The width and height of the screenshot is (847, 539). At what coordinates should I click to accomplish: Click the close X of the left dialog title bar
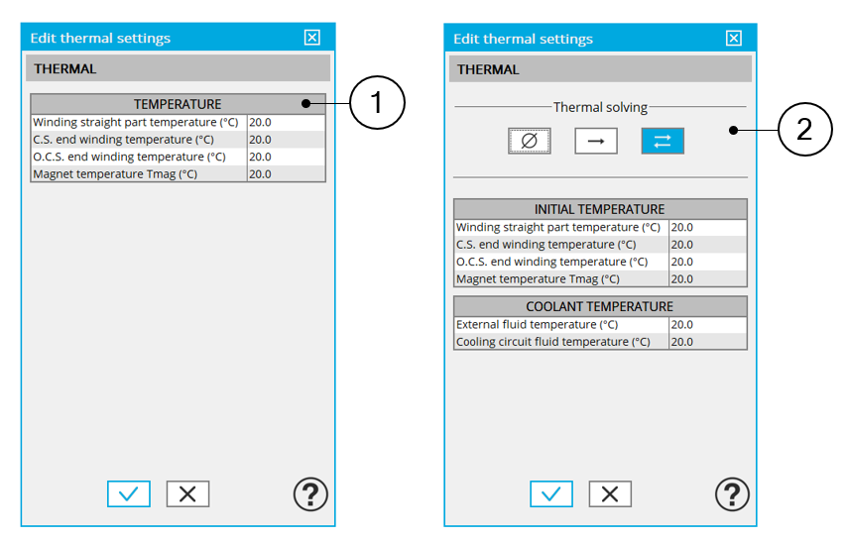[312, 38]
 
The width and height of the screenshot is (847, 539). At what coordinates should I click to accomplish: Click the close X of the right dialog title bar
[734, 38]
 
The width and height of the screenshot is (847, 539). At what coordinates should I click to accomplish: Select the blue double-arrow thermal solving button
[663, 141]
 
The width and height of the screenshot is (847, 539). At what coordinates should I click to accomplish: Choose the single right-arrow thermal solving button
[596, 141]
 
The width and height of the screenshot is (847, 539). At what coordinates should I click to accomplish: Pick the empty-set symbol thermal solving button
[530, 141]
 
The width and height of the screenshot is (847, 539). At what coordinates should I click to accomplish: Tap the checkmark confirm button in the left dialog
[129, 493]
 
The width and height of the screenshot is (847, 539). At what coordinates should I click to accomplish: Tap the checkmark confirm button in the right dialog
[551, 493]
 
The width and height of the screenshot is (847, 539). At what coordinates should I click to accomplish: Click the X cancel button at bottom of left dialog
[187, 493]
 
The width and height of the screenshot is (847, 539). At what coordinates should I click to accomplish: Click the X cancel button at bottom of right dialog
[610, 493]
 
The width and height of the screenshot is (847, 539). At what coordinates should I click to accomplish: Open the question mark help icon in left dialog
[310, 493]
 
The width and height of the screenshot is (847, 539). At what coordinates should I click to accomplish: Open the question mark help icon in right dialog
[732, 493]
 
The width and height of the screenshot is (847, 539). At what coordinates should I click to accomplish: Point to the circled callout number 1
[377, 102]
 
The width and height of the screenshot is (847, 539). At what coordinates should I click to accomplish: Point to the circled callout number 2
[805, 130]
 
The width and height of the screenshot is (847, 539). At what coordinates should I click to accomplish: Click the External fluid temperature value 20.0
[681, 324]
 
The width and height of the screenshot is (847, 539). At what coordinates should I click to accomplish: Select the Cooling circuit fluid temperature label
[553, 342]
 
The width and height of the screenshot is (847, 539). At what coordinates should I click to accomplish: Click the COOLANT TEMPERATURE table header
[600, 306]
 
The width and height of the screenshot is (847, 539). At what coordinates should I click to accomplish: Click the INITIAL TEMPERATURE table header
[600, 209]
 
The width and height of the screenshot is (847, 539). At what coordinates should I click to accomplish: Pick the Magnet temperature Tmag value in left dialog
[260, 173]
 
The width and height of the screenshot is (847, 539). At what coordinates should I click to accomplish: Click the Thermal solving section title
[600, 107]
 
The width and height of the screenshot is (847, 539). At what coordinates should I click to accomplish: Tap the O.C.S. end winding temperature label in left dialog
[129, 157]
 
